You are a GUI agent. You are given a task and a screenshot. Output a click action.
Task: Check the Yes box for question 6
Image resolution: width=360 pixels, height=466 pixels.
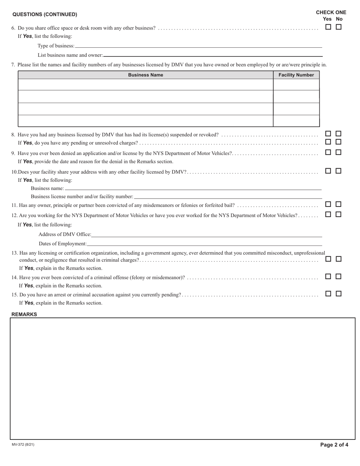click(x=328, y=27)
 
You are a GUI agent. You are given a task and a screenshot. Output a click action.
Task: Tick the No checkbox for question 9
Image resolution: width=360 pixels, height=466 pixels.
click(x=338, y=152)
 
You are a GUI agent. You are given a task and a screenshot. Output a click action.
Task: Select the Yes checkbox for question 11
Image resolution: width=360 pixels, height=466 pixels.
click(x=328, y=204)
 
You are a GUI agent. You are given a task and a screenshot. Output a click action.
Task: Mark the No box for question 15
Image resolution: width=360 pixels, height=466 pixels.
click(x=338, y=293)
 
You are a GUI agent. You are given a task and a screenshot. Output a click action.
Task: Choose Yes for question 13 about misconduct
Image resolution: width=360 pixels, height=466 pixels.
click(x=328, y=259)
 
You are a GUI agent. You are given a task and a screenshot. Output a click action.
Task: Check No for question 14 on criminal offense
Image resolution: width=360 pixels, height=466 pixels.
click(x=338, y=277)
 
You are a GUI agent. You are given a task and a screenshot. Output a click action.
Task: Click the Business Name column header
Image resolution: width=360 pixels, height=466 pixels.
click(x=146, y=75)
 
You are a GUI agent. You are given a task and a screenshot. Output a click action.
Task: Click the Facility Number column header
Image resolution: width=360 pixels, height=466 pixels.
click(x=296, y=75)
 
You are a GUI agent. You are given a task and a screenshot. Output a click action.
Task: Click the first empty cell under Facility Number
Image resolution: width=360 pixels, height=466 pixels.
click(x=296, y=84)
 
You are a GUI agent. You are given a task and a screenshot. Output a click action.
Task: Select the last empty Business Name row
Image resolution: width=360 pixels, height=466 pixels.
click(x=146, y=121)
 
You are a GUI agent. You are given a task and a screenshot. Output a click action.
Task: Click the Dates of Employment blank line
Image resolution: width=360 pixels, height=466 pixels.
click(x=204, y=244)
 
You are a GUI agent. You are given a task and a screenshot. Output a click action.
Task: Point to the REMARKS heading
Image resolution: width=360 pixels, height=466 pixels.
click(x=24, y=314)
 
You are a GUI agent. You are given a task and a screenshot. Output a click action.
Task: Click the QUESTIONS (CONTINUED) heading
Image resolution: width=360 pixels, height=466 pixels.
click(x=45, y=14)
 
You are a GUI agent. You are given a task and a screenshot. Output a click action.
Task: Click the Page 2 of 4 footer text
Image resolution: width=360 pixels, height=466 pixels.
click(x=334, y=445)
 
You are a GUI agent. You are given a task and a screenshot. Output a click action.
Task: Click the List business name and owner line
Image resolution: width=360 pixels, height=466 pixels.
click(x=213, y=55)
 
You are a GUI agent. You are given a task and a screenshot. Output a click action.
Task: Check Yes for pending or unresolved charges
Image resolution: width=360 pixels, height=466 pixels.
click(x=328, y=142)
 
